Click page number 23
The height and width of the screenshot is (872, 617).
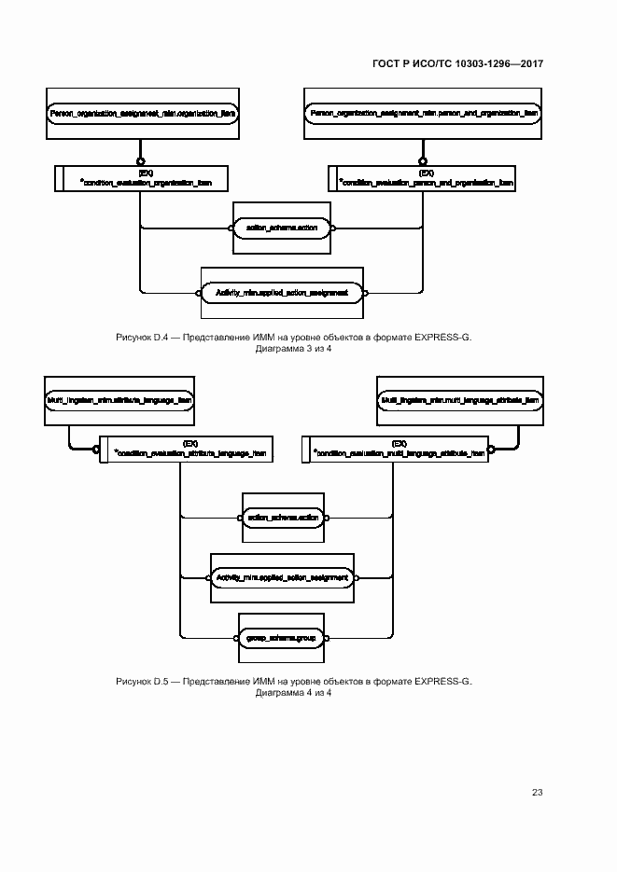[537, 792]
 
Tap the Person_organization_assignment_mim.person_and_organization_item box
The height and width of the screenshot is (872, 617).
[423, 112]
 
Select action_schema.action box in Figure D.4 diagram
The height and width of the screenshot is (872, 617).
[282, 227]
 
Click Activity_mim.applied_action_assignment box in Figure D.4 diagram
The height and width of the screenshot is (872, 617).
[282, 292]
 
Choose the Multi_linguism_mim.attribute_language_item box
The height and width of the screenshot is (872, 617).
[119, 399]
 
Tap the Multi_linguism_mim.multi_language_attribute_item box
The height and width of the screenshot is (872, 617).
[460, 399]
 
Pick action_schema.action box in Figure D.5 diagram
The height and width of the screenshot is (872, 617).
[282, 516]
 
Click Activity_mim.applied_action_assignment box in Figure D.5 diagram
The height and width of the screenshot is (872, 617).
[282, 577]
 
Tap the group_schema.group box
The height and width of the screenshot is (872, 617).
[282, 638]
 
